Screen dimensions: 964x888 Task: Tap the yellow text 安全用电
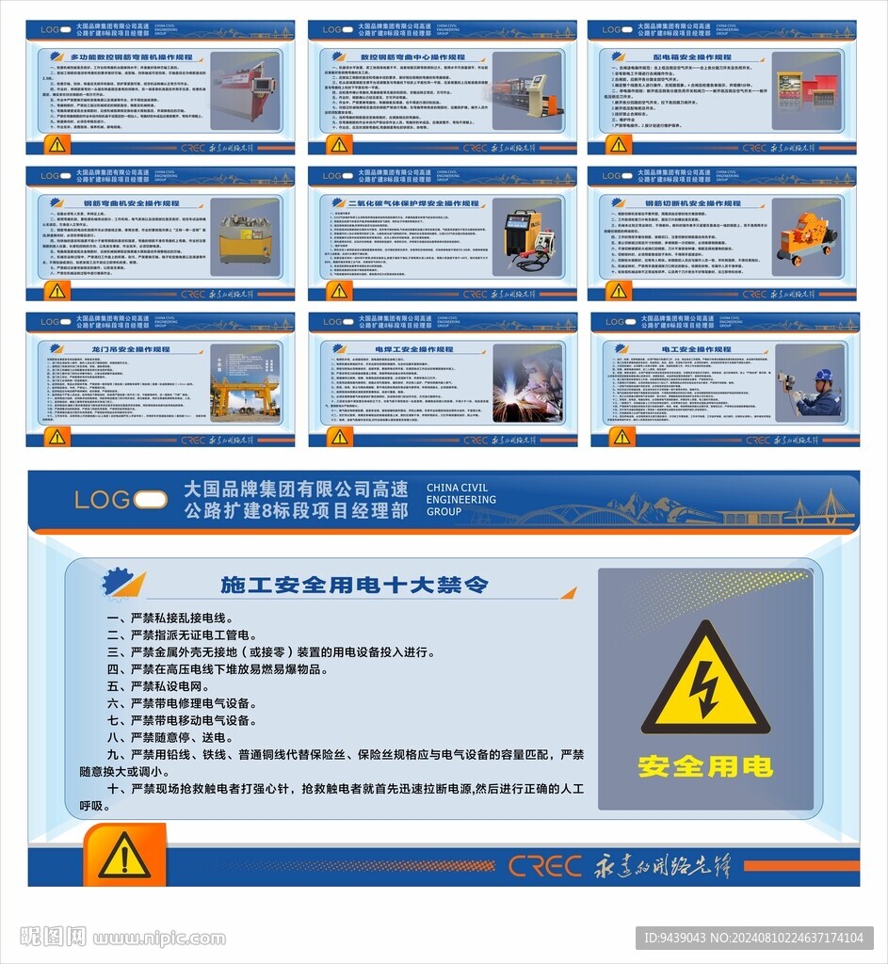click(x=705, y=766)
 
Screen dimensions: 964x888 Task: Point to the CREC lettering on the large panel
click(x=545, y=865)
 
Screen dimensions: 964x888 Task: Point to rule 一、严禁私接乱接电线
click(x=170, y=619)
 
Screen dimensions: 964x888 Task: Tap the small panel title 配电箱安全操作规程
click(x=691, y=56)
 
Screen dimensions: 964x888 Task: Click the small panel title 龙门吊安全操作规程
click(x=131, y=349)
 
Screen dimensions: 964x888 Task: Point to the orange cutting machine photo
click(x=807, y=237)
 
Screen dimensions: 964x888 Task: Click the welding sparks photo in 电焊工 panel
click(x=526, y=383)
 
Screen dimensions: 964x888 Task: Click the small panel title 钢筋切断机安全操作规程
click(x=692, y=202)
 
